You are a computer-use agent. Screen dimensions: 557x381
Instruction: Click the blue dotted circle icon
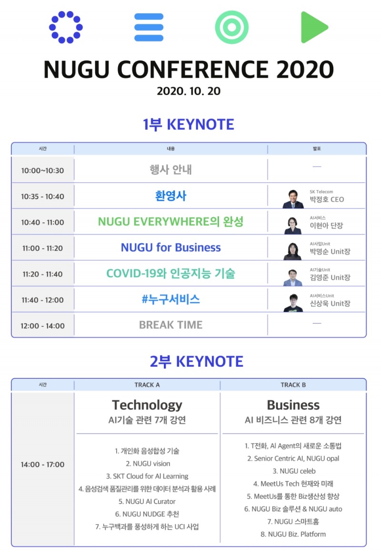coord(66,27)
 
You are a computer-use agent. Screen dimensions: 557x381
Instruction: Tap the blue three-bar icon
coord(149,27)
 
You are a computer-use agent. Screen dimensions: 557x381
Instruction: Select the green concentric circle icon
coord(232,27)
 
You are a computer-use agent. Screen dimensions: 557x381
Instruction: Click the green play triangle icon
coord(314,27)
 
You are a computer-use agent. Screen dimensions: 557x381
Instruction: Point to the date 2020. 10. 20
coord(189,91)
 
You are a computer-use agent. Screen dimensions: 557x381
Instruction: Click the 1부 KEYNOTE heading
coord(189,124)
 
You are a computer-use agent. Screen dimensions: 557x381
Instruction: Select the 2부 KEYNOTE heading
coord(196,361)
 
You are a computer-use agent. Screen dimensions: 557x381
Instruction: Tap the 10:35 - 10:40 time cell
coord(42,196)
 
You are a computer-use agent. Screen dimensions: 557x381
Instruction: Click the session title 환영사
coord(170,196)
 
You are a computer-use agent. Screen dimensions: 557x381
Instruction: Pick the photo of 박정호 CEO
coord(293,199)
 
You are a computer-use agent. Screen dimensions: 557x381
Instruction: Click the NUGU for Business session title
coord(170,248)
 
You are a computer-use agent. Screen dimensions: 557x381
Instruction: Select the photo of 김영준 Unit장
coord(293,277)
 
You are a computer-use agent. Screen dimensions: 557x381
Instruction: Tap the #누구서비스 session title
coord(170,299)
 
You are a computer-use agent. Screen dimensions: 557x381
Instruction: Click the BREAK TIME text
coord(170,325)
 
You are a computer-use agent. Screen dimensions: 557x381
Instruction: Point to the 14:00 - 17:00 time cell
coord(42,465)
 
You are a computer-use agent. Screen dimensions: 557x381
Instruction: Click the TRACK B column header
coord(293,385)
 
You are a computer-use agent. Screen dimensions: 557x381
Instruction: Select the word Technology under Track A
coord(147,405)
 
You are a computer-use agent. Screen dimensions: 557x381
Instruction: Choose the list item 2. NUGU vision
coord(148,463)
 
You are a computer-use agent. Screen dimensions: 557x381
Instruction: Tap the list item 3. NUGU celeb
coord(294,471)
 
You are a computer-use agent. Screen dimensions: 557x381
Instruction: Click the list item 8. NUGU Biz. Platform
coord(293,534)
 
